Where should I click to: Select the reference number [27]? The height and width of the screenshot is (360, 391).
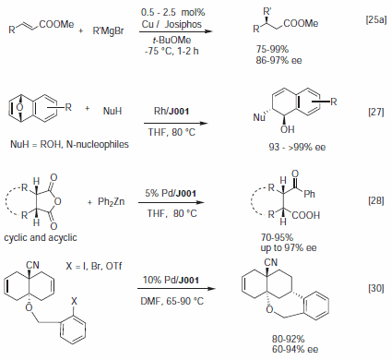click(x=366, y=114)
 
